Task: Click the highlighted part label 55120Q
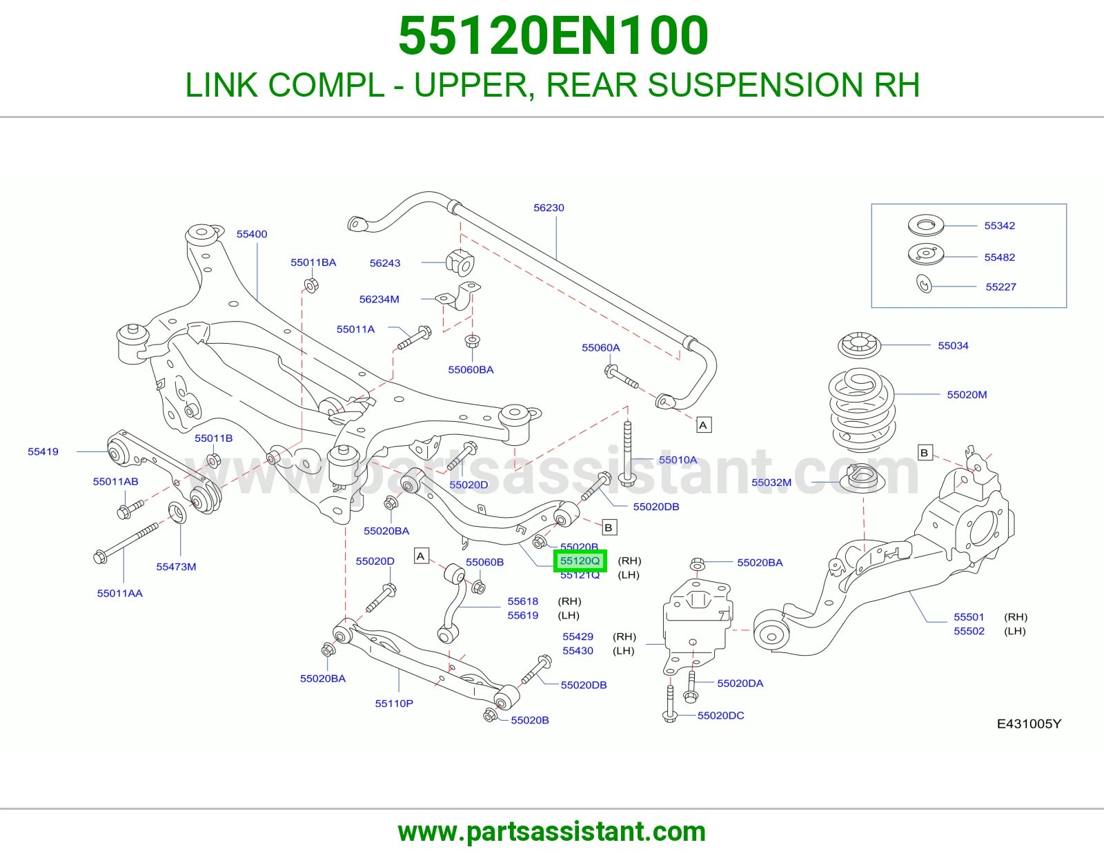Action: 580,561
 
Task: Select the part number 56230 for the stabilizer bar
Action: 549,207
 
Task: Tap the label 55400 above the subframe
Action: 251,234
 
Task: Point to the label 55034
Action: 953,346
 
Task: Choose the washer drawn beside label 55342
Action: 926,225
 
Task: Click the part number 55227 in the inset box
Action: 1001,286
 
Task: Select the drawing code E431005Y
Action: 1029,724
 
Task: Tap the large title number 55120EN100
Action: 553,36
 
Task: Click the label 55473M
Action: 176,567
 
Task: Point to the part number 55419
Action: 43,451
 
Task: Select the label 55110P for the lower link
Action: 394,703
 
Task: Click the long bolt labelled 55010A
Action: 628,453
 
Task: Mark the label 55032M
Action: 771,483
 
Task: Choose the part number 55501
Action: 969,617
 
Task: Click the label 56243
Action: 384,263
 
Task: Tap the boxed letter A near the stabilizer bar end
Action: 703,425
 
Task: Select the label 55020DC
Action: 720,716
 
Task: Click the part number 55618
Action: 523,601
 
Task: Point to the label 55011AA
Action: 120,593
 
